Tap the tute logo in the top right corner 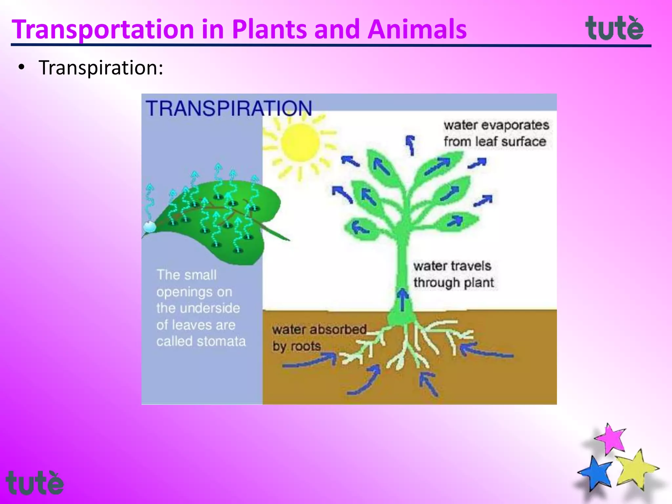(614, 28)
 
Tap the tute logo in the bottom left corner (34, 483)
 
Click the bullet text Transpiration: (101, 68)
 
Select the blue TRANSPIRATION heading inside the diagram (229, 108)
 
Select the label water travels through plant (453, 274)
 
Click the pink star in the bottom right (611, 439)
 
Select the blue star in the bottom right (596, 472)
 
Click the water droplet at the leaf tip (150, 226)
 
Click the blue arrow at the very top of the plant (410, 144)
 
